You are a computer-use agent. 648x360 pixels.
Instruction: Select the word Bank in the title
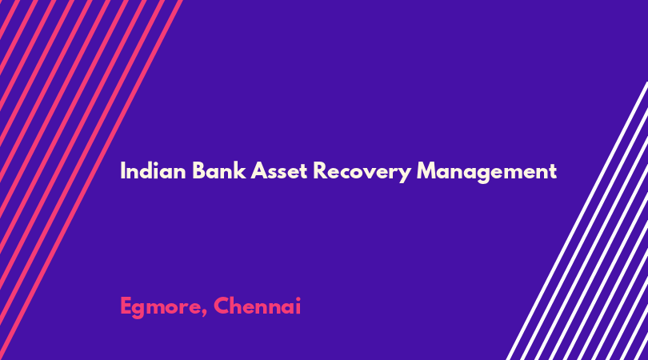(219, 170)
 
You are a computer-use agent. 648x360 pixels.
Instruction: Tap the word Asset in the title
(279, 170)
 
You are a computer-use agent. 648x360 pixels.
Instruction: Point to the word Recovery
(362, 172)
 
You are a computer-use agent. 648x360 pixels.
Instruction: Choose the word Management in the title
(487, 172)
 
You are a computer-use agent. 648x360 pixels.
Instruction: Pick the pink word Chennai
(257, 306)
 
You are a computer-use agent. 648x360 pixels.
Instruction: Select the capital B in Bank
(199, 170)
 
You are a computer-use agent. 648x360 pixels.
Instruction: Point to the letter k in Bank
(240, 170)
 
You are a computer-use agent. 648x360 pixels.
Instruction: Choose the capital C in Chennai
(222, 306)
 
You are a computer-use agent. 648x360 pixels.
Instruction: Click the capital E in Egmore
(126, 306)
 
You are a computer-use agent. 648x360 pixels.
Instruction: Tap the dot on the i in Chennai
(298, 299)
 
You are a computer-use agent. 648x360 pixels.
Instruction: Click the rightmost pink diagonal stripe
(90, 180)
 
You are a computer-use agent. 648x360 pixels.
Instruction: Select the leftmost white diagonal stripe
(578, 221)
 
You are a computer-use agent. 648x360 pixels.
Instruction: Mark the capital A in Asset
(259, 170)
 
